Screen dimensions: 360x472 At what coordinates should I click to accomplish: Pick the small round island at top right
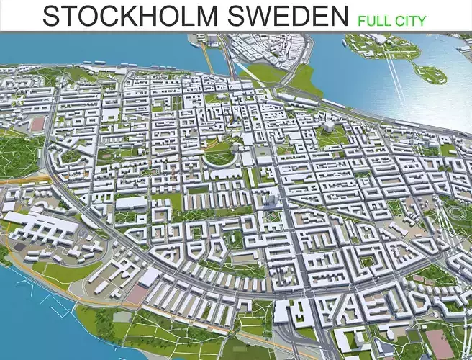(x=430, y=72)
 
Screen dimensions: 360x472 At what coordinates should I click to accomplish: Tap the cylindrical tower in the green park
(x=328, y=127)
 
